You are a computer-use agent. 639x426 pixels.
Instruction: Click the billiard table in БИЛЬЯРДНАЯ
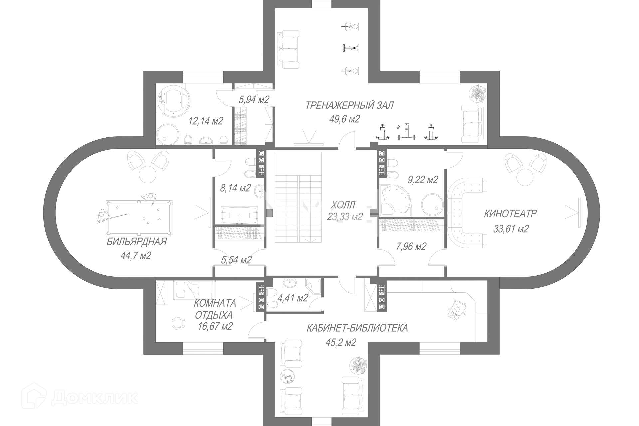pyautogui.click(x=139, y=217)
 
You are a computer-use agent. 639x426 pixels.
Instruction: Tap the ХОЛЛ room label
pyautogui.click(x=343, y=204)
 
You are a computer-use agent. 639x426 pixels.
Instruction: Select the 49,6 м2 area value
pyautogui.click(x=344, y=119)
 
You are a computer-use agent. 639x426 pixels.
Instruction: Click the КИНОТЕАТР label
pyautogui.click(x=510, y=214)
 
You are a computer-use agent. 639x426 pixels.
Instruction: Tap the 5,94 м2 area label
pyautogui.click(x=254, y=99)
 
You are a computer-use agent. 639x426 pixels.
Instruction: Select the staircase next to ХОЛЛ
pyautogui.click(x=298, y=197)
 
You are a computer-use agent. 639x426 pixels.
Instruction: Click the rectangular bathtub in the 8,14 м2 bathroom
pyautogui.click(x=239, y=215)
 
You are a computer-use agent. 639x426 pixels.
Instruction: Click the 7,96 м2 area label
pyautogui.click(x=411, y=247)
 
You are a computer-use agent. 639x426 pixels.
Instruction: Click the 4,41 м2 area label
pyautogui.click(x=293, y=298)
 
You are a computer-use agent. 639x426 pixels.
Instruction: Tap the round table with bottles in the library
pyautogui.click(x=288, y=378)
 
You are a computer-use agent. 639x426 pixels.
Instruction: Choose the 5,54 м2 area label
pyautogui.click(x=236, y=260)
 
